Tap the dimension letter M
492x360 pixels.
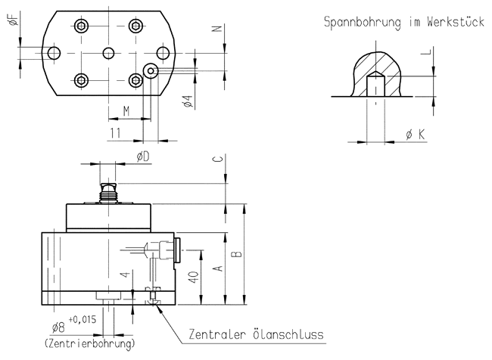tap(126, 111)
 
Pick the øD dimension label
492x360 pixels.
tap(142, 156)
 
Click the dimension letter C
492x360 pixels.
tap(216, 159)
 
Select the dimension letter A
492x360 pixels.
tap(217, 268)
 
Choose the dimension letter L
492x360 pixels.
tap(428, 53)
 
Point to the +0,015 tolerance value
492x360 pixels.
tap(82, 319)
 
